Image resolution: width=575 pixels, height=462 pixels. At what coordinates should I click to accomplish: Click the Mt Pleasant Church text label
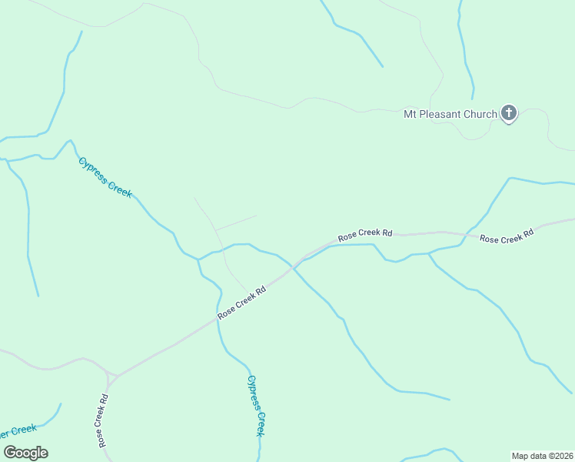tap(450, 115)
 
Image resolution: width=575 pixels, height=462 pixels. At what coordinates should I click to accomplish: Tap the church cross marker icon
tap(508, 113)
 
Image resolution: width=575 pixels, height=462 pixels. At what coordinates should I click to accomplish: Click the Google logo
tap(26, 453)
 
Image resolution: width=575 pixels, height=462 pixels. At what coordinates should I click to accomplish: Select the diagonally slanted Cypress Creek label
tap(106, 177)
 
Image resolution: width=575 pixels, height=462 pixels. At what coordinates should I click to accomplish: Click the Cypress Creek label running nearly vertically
tap(256, 405)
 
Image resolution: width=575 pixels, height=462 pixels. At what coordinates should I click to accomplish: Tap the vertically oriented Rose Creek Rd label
tap(102, 421)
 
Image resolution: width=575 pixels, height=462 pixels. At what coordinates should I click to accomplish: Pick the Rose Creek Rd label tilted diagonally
tap(241, 302)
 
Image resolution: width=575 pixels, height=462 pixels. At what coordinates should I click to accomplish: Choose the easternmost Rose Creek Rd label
tap(507, 236)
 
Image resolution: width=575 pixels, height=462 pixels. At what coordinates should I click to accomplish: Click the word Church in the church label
tap(480, 115)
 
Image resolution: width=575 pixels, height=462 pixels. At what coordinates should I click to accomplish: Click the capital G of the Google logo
tap(10, 452)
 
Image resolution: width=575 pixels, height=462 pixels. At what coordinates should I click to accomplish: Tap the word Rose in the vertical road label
tap(101, 436)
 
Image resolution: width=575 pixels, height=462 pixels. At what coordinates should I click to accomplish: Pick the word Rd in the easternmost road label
tap(527, 233)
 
